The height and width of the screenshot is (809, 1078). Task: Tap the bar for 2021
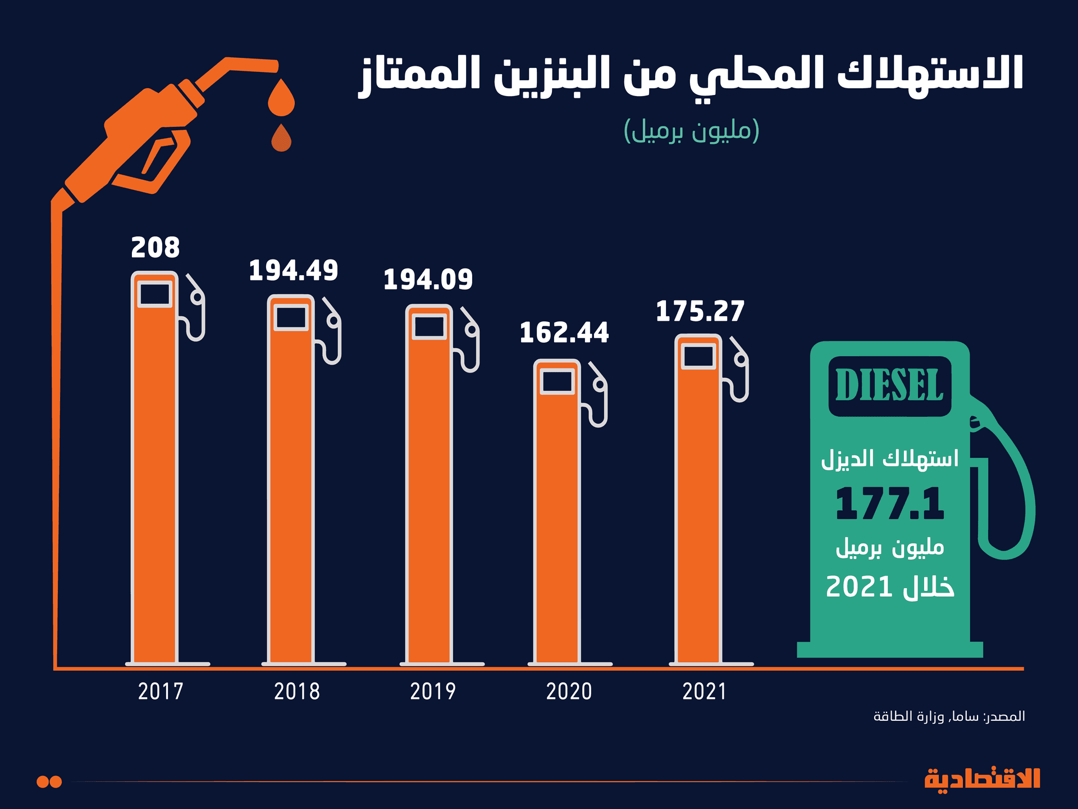click(x=698, y=511)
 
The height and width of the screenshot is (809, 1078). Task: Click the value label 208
click(x=156, y=248)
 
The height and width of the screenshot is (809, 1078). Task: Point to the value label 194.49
click(x=293, y=271)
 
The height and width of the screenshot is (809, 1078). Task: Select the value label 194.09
click(x=428, y=280)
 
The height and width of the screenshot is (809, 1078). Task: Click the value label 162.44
click(x=564, y=333)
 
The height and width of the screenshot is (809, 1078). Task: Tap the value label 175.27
click(x=700, y=311)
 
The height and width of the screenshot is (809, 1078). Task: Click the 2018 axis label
click(x=297, y=692)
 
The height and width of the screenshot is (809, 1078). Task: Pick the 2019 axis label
click(x=433, y=692)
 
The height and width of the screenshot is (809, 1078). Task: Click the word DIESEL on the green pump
click(x=889, y=386)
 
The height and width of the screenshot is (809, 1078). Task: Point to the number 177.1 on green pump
click(x=889, y=503)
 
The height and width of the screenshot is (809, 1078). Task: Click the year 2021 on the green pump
click(x=859, y=587)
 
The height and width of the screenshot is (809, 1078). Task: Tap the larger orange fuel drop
click(x=281, y=99)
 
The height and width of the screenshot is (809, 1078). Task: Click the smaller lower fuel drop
click(x=281, y=139)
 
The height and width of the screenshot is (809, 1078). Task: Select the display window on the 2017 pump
click(x=154, y=294)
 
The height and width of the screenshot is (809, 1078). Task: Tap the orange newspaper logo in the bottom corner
click(x=982, y=780)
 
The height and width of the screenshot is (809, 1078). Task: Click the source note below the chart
click(x=949, y=716)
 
